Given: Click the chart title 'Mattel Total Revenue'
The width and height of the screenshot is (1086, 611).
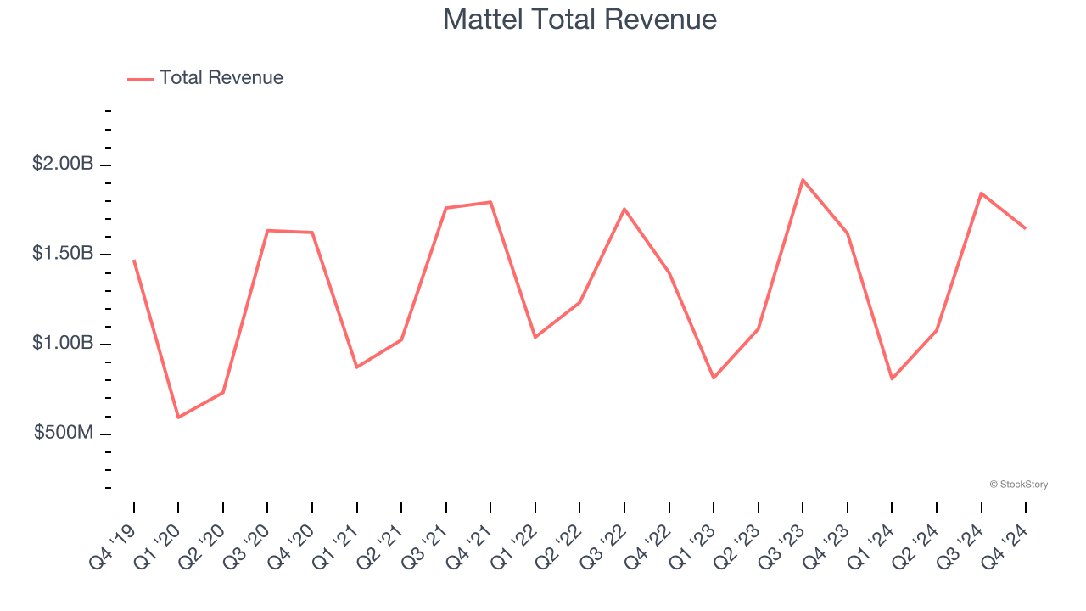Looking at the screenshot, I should pos(579,20).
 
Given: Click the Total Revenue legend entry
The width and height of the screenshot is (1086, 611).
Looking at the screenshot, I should pos(205,78).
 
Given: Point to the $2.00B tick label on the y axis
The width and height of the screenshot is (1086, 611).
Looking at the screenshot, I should pos(63,164).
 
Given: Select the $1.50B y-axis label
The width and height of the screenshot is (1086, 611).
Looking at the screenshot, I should pos(63,254).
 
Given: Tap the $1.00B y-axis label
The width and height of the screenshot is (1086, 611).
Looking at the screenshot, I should pos(63,344).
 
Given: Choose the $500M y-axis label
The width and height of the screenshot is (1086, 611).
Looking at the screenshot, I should pos(64,434).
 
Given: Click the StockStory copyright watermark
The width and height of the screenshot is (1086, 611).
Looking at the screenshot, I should pos(1018,485).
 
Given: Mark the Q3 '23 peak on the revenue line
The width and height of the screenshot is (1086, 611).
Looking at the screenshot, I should pos(803,180).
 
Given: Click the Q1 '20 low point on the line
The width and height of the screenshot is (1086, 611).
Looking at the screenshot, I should pos(178,418).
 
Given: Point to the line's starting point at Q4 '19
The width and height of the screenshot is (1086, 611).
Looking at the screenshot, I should pos(134,261).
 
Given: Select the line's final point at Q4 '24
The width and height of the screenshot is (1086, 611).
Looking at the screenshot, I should pos(1025,228).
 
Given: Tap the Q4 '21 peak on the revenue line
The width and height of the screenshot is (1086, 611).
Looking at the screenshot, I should pos(491,202).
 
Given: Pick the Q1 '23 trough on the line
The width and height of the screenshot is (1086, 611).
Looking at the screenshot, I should pos(714,378).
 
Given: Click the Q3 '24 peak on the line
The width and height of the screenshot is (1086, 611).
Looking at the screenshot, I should pos(981,193).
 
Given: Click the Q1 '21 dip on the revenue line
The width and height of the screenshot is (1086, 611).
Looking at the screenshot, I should pos(357,367).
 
